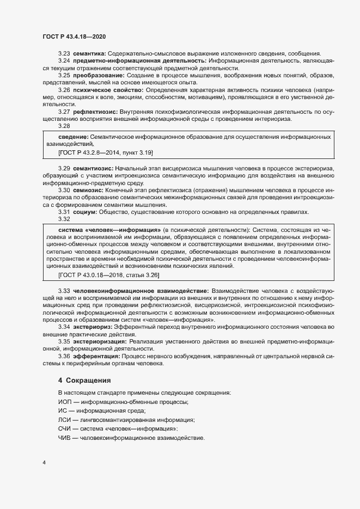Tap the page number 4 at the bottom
44,463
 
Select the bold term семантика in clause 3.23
90,53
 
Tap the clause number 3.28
64,126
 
